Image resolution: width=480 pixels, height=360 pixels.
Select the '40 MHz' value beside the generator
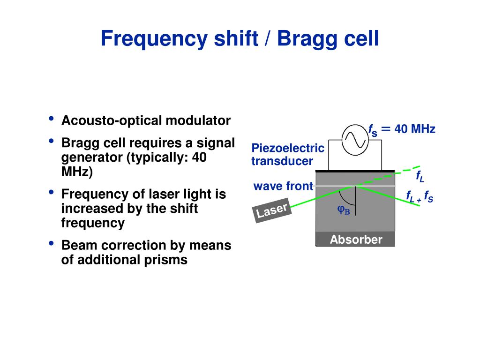415,129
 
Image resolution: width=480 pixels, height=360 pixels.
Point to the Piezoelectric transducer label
287,155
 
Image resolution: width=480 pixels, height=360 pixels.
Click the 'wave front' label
283,187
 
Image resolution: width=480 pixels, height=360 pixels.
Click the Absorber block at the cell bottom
355,240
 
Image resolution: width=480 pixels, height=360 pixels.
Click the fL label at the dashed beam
420,177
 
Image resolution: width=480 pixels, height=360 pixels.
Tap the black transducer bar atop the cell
355,171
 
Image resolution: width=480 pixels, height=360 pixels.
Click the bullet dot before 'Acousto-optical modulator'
51,119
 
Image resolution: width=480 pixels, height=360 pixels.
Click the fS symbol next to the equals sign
373,130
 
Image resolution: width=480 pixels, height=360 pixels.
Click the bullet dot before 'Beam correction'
51,243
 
